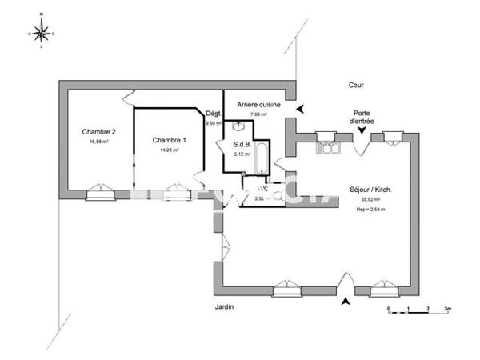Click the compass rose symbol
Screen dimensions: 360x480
pyautogui.click(x=42, y=34)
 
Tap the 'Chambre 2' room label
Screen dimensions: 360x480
pyautogui.click(x=98, y=132)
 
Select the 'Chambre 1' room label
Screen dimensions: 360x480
pyautogui.click(x=169, y=139)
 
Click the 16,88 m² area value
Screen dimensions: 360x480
pyautogui.click(x=98, y=142)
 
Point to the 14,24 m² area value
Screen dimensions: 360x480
pyautogui.click(x=169, y=149)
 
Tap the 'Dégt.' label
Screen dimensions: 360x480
pyautogui.click(x=213, y=114)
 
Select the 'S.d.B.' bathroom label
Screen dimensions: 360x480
pyautogui.click(x=242, y=144)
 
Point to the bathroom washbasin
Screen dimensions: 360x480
pyautogui.click(x=238, y=126)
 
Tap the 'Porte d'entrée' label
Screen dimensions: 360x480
pyautogui.click(x=364, y=117)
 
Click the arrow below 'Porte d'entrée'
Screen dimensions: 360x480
pyautogui.click(x=364, y=130)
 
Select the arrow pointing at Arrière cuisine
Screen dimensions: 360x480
pyautogui.click(x=299, y=110)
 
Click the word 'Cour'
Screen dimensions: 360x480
pyautogui.click(x=356, y=84)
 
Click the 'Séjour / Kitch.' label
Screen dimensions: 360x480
pyautogui.click(x=370, y=190)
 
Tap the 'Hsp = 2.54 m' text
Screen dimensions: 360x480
pyautogui.click(x=371, y=209)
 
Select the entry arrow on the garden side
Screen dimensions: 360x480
pyautogui.click(x=346, y=302)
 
